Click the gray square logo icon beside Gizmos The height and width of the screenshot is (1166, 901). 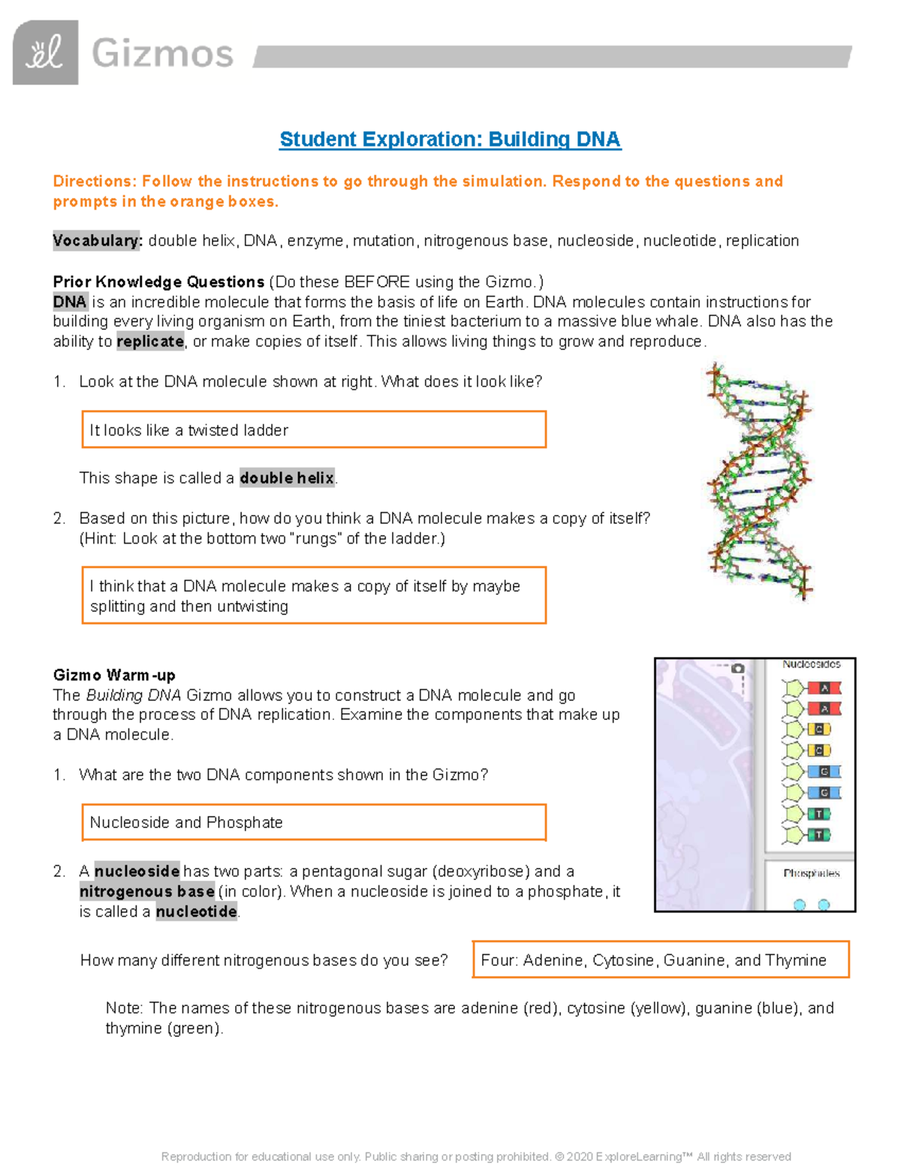pos(45,53)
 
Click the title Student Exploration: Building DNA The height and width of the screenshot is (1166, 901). pos(450,140)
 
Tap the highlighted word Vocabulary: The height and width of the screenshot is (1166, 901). pos(97,241)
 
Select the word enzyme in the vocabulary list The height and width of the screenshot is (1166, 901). pos(315,241)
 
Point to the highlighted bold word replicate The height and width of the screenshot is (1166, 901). pos(150,342)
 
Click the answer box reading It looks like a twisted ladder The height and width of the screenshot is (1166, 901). pos(314,430)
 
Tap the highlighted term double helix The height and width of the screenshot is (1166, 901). pos(287,478)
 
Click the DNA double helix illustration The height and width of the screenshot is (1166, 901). pos(758,481)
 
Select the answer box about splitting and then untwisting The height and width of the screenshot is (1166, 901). pos(314,596)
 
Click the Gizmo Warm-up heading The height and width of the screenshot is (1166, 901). pos(114,675)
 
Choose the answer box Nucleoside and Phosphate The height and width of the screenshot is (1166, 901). pos(314,823)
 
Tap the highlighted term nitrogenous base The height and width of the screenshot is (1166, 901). pos(147,892)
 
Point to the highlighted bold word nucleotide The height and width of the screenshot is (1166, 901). pos(196,912)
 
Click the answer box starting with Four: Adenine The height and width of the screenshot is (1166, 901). pos(661,960)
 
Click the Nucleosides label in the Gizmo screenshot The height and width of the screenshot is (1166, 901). pos(812,664)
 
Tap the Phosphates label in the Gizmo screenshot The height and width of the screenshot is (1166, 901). pos(812,873)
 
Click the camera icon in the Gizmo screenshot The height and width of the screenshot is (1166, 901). pos(737,668)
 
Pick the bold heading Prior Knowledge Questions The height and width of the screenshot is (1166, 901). pos(158,282)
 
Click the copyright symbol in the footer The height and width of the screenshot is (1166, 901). pos(559,1157)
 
